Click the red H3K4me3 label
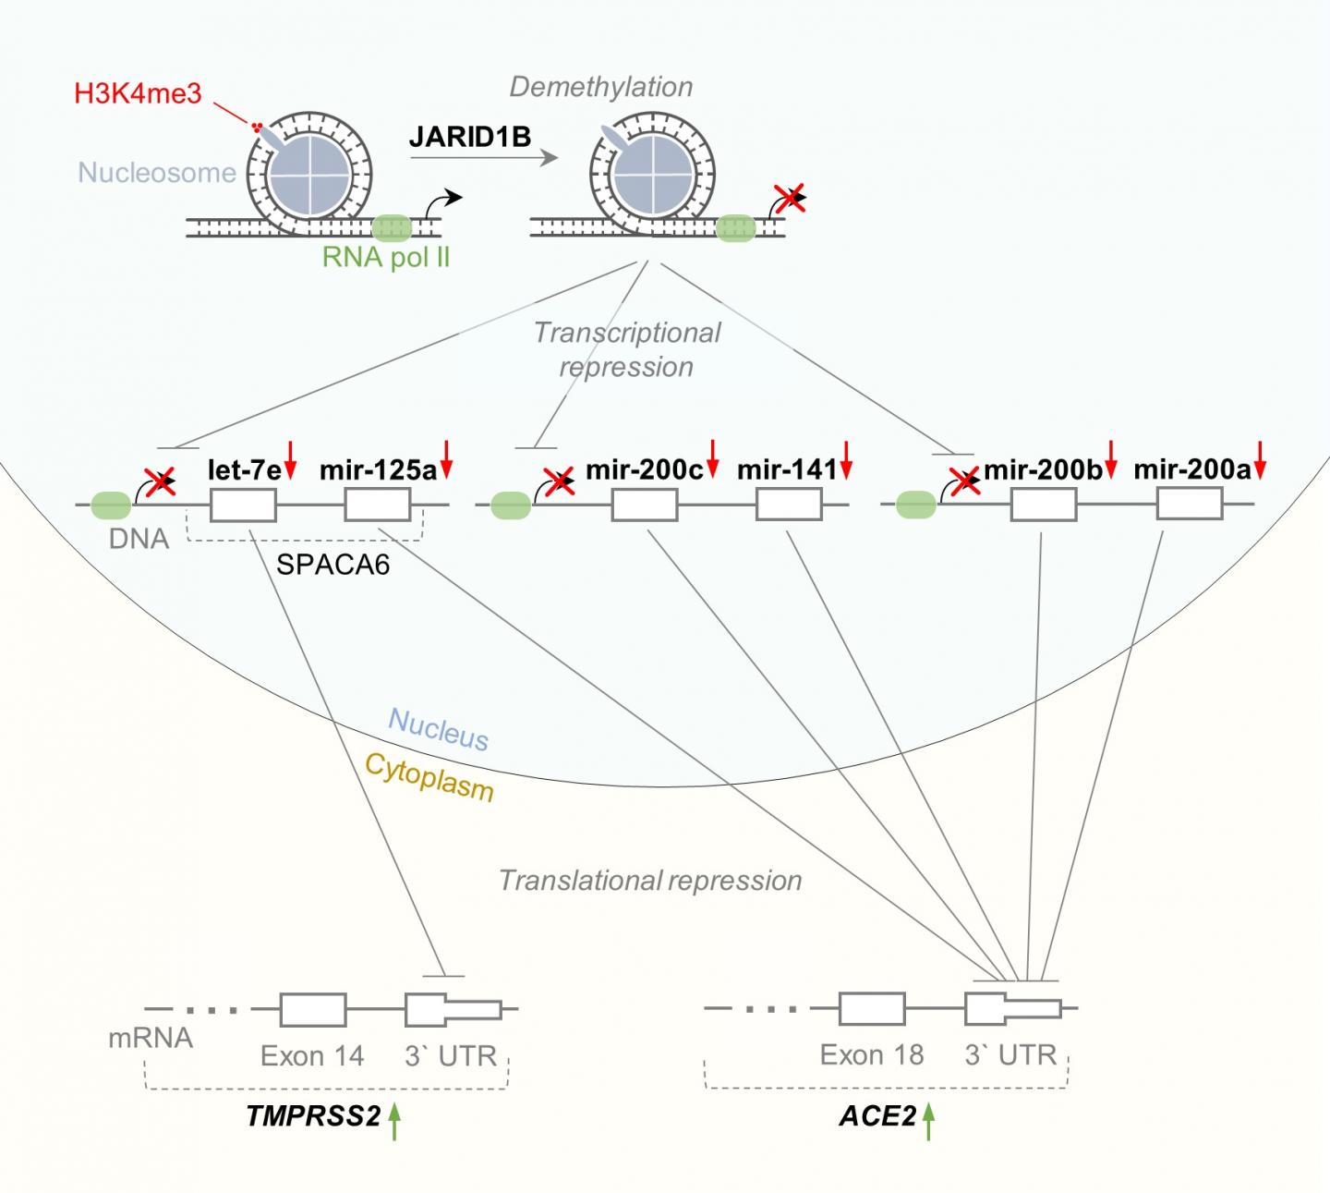(x=139, y=93)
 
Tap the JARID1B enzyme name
(x=470, y=138)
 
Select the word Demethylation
(x=601, y=87)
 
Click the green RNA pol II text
(x=386, y=257)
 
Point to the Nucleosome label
(x=157, y=173)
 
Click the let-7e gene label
(x=243, y=469)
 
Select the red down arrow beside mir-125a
(x=447, y=459)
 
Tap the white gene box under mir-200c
(x=645, y=505)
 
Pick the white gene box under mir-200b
(x=1044, y=505)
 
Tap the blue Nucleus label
(x=439, y=729)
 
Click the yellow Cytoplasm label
(x=429, y=776)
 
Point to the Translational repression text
(x=650, y=881)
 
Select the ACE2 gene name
(x=877, y=1117)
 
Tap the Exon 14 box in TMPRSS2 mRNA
(x=313, y=1010)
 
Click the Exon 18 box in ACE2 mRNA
(x=872, y=1009)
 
